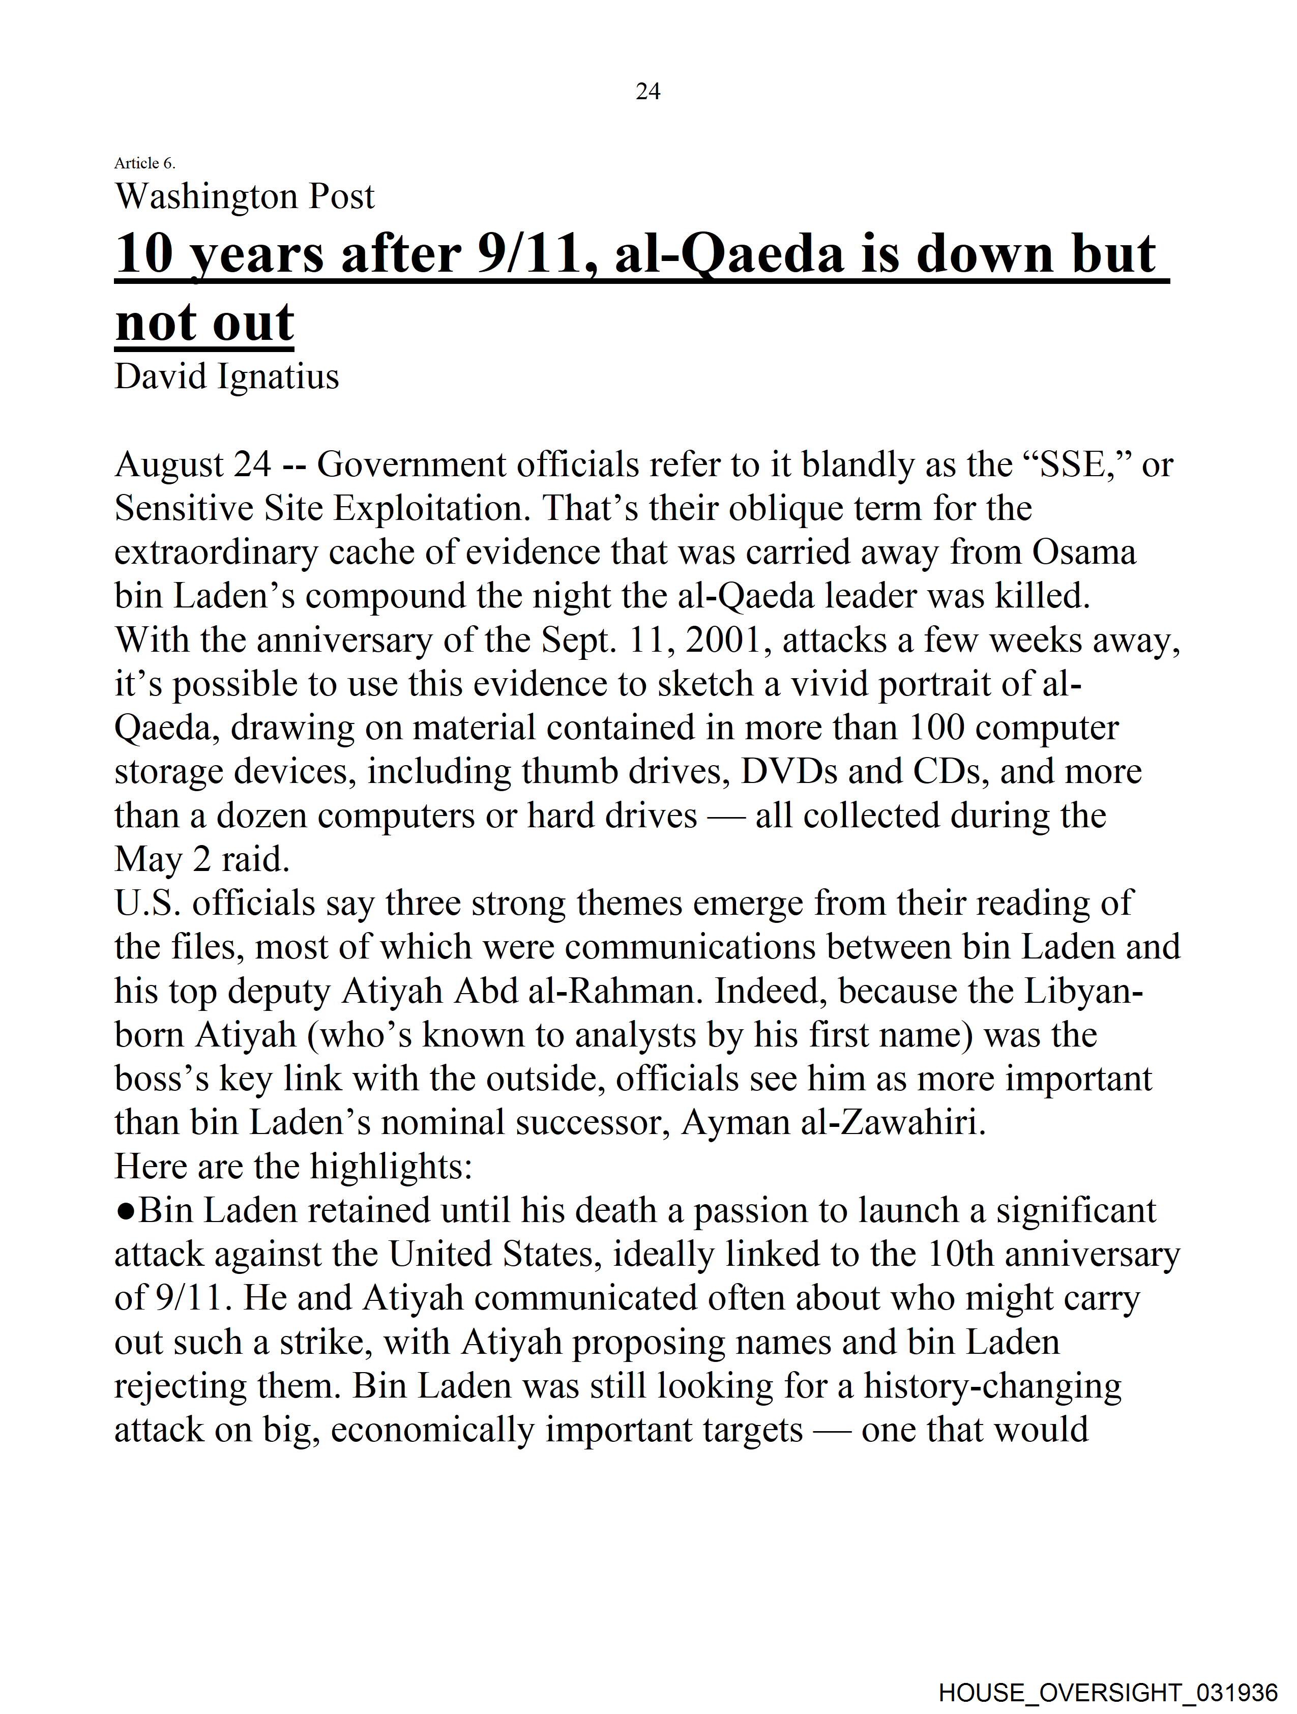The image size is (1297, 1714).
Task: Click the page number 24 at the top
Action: (647, 92)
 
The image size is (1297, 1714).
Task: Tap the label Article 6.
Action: (145, 163)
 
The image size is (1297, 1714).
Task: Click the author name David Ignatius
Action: (226, 376)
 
